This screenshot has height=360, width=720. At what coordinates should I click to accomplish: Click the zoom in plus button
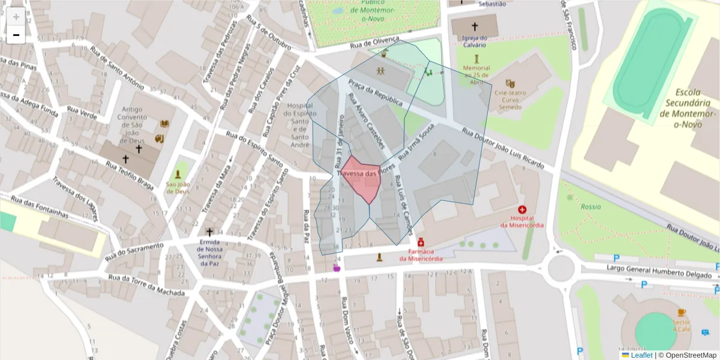click(16, 17)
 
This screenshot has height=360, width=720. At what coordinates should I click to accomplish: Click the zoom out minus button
click(16, 35)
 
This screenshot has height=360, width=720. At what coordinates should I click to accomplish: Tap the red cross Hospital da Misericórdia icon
click(522, 210)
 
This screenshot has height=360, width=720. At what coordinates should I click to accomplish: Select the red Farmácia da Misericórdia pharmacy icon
click(421, 242)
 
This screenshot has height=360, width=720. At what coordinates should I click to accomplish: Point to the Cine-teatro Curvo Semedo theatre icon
click(510, 83)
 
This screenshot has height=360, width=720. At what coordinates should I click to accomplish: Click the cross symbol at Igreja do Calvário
click(475, 26)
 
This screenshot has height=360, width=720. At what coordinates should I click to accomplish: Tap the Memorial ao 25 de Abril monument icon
click(476, 58)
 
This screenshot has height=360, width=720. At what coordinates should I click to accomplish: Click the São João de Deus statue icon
click(178, 175)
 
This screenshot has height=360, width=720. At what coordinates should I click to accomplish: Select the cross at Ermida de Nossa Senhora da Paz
click(209, 232)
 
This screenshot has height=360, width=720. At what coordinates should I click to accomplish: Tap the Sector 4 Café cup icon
click(681, 313)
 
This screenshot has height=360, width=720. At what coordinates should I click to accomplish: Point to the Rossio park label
click(590, 206)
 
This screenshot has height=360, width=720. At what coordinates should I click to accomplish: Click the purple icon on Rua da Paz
click(337, 267)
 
